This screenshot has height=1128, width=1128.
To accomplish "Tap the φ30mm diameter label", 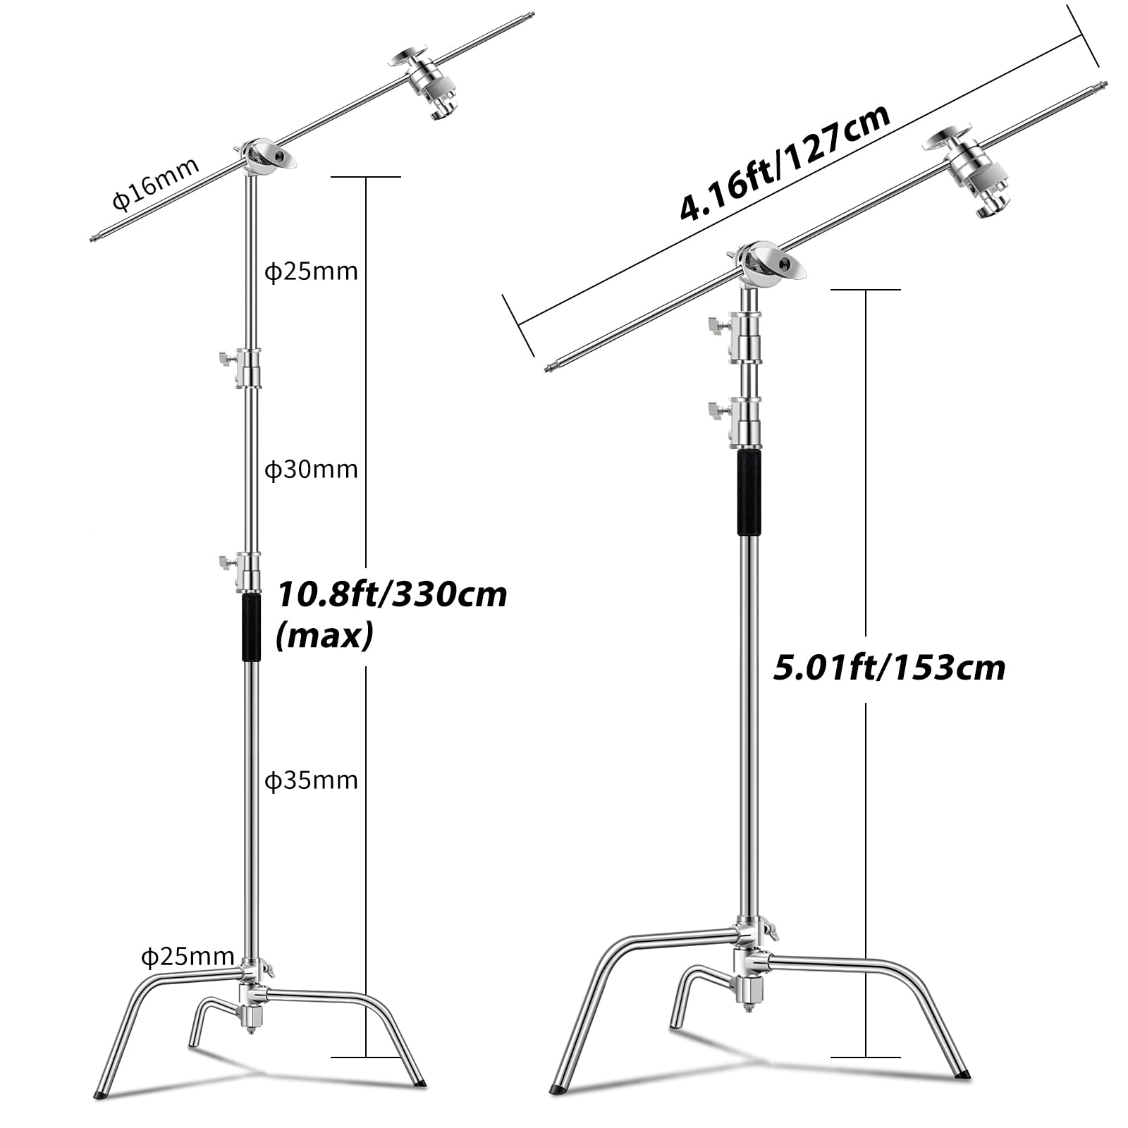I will pyautogui.click(x=311, y=470).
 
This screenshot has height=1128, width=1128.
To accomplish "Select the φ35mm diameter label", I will pyautogui.click(x=311, y=780).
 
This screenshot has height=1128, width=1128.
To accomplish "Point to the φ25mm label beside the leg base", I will pyautogui.click(x=188, y=957).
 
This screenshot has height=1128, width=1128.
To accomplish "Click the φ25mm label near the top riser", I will pyautogui.click(x=311, y=271).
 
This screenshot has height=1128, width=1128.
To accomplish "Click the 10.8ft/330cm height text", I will pyautogui.click(x=391, y=594).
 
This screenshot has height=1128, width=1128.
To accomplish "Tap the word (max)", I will pyautogui.click(x=324, y=636).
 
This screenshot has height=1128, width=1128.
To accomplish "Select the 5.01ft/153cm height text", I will pyautogui.click(x=889, y=667).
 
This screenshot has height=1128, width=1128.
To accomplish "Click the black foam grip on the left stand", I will pyautogui.click(x=251, y=627).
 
